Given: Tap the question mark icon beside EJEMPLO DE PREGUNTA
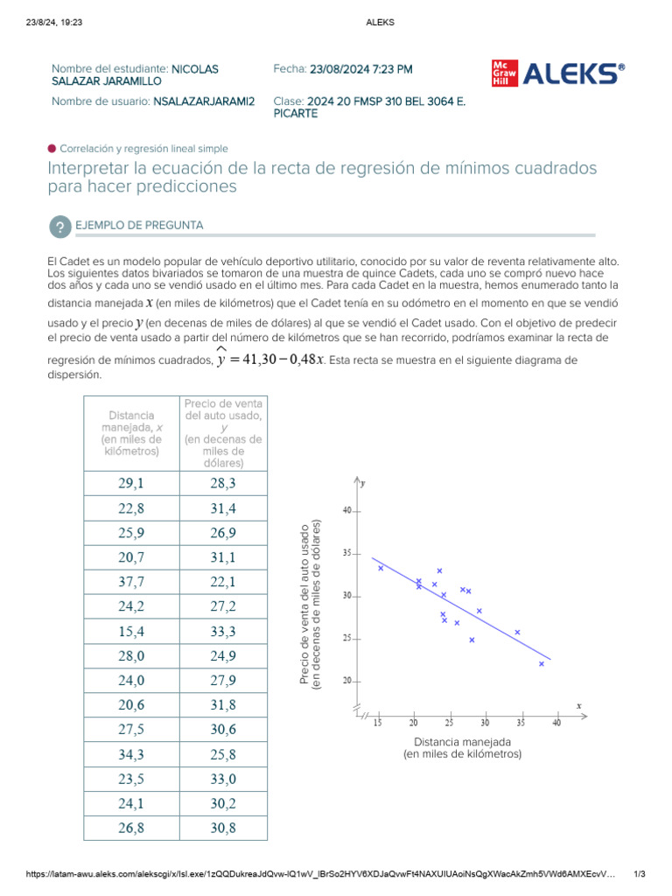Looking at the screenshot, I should click(x=59, y=227).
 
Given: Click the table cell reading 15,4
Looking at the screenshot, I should click(x=131, y=631).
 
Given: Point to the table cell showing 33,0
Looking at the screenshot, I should click(x=223, y=780).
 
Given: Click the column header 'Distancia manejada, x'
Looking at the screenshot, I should click(x=131, y=433).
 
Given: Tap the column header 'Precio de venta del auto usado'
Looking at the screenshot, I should click(x=223, y=433).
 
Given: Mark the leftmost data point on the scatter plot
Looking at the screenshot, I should click(x=381, y=568).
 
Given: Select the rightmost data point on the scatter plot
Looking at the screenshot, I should click(x=542, y=664).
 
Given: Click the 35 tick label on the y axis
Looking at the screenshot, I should click(x=347, y=554).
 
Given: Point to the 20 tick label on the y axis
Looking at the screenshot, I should click(x=347, y=681).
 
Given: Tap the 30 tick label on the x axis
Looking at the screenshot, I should click(x=486, y=723).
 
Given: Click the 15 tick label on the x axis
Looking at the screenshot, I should click(x=378, y=723).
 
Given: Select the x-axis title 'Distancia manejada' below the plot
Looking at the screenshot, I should click(x=462, y=742).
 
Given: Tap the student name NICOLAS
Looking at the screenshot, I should click(x=195, y=68).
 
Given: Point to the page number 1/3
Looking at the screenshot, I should click(x=639, y=874).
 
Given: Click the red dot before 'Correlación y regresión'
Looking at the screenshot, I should click(x=52, y=149).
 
